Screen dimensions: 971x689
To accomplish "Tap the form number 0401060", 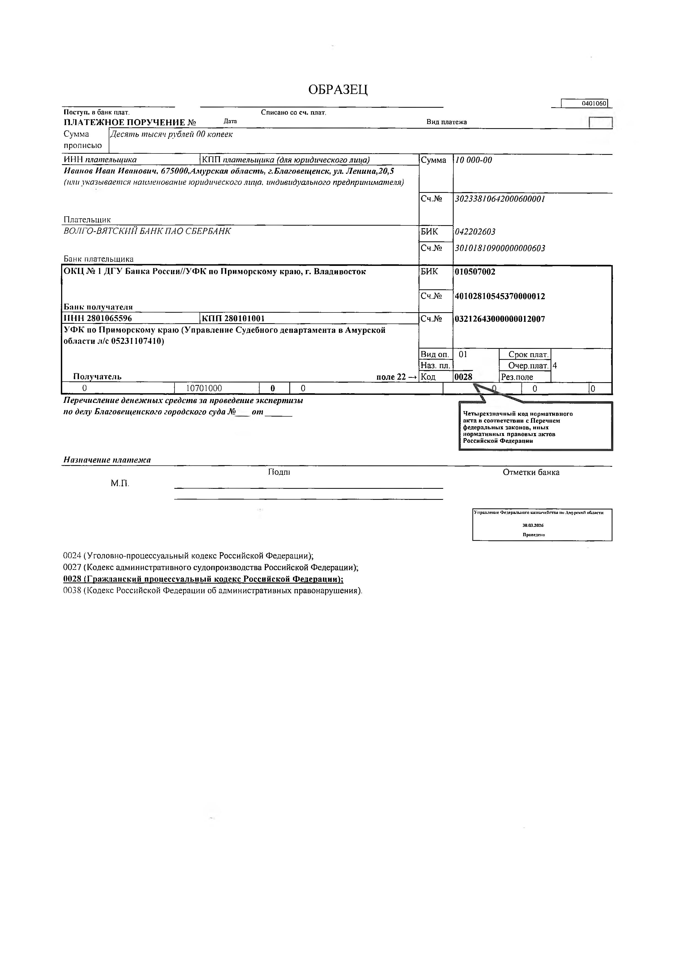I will (x=594, y=103).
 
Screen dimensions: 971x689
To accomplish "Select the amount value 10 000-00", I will (x=473, y=160).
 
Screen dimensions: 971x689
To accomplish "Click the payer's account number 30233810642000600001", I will (x=500, y=199).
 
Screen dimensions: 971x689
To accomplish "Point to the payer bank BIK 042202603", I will (x=475, y=232).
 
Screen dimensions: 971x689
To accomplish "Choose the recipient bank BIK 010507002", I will (x=475, y=272).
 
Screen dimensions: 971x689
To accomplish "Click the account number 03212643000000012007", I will (x=500, y=319).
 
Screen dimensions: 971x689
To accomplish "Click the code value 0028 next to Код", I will (x=463, y=377).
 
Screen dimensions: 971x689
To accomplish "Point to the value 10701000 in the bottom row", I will (x=204, y=388).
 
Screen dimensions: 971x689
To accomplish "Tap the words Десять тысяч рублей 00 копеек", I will (x=171, y=134).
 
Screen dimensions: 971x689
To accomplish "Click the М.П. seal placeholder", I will (x=120, y=483).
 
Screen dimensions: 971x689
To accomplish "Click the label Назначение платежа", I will (x=107, y=460).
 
